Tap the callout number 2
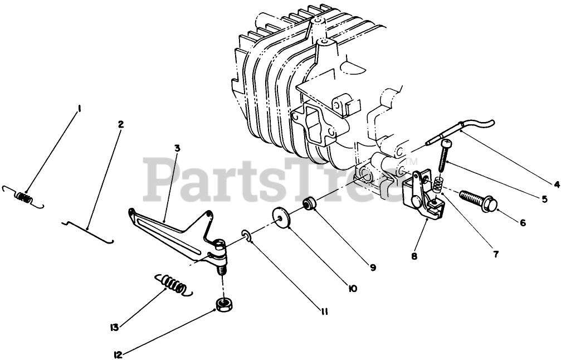tap(120, 124)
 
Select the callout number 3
tap(177, 148)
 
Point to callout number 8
tap(414, 257)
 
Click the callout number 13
tap(115, 328)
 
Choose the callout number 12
tap(118, 353)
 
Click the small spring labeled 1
tap(23, 196)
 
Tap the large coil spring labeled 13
tap(173, 284)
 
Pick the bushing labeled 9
tap(309, 203)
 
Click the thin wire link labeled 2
tap(89, 229)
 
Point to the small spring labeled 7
tap(438, 182)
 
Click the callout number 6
tap(523, 222)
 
